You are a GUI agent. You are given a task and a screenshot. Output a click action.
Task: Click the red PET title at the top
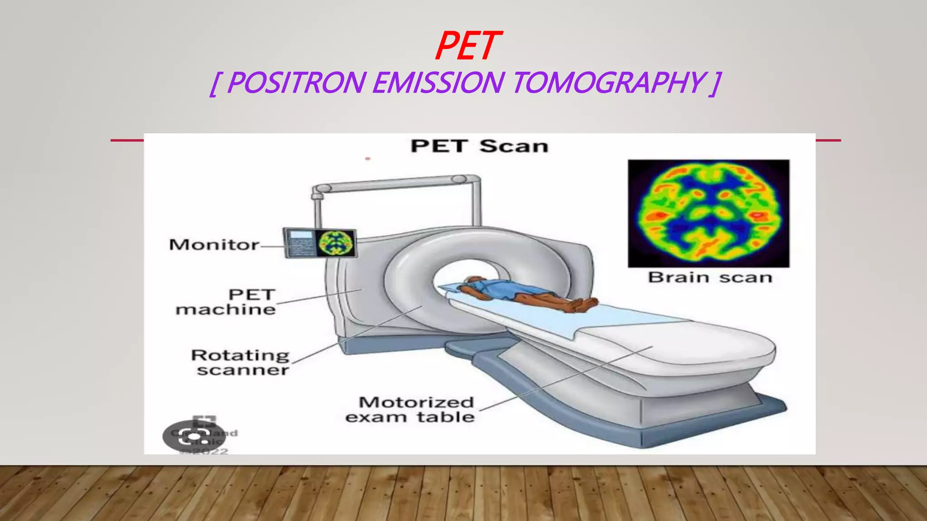click(468, 46)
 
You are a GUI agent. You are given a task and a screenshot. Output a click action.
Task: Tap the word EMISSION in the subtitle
click(438, 83)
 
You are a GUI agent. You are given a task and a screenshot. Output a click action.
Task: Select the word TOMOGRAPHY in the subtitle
click(608, 83)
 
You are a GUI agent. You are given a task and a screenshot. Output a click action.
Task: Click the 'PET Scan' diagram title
click(479, 146)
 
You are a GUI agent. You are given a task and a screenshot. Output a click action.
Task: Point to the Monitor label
click(214, 245)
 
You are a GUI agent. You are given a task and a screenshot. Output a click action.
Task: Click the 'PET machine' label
click(226, 302)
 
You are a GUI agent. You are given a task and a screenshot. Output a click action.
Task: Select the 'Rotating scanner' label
click(240, 362)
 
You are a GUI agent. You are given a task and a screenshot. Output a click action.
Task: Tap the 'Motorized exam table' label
click(410, 409)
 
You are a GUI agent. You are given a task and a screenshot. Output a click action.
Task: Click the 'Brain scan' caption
click(710, 277)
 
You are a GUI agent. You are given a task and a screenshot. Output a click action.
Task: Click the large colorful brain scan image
click(708, 213)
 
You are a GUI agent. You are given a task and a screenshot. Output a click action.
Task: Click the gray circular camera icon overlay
click(194, 436)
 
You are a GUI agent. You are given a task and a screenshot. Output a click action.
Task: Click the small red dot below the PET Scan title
click(368, 159)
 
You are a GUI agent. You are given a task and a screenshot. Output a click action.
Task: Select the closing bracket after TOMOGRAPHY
click(715, 83)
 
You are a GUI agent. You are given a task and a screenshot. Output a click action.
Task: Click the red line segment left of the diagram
click(127, 140)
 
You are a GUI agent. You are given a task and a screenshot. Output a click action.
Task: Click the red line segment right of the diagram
click(828, 140)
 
